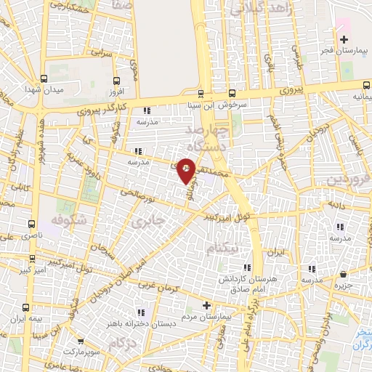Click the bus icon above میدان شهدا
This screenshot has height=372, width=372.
(44, 79)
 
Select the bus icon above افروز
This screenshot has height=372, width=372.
(116, 81)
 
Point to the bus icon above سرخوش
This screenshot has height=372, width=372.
(232, 93)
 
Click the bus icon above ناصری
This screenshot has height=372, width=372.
(31, 225)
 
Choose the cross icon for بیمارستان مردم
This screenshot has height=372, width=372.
(206, 306)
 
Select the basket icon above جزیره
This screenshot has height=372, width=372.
(343, 275)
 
